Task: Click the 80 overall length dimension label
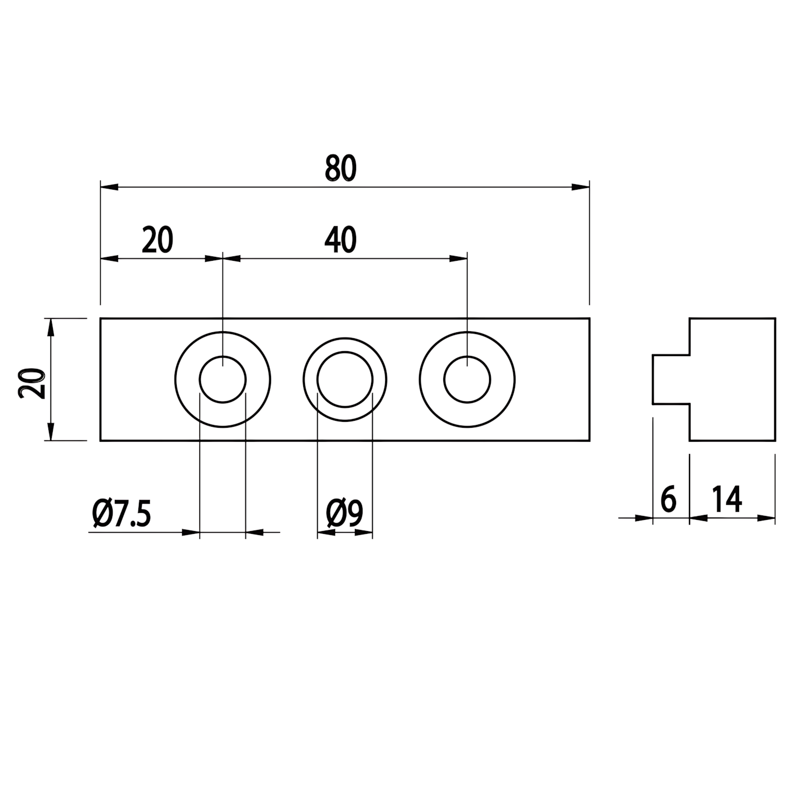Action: (x=341, y=168)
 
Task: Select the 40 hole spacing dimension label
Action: (x=340, y=240)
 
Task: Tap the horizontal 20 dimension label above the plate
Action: (x=157, y=240)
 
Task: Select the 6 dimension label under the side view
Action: (x=668, y=499)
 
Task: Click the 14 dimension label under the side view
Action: (x=727, y=499)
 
